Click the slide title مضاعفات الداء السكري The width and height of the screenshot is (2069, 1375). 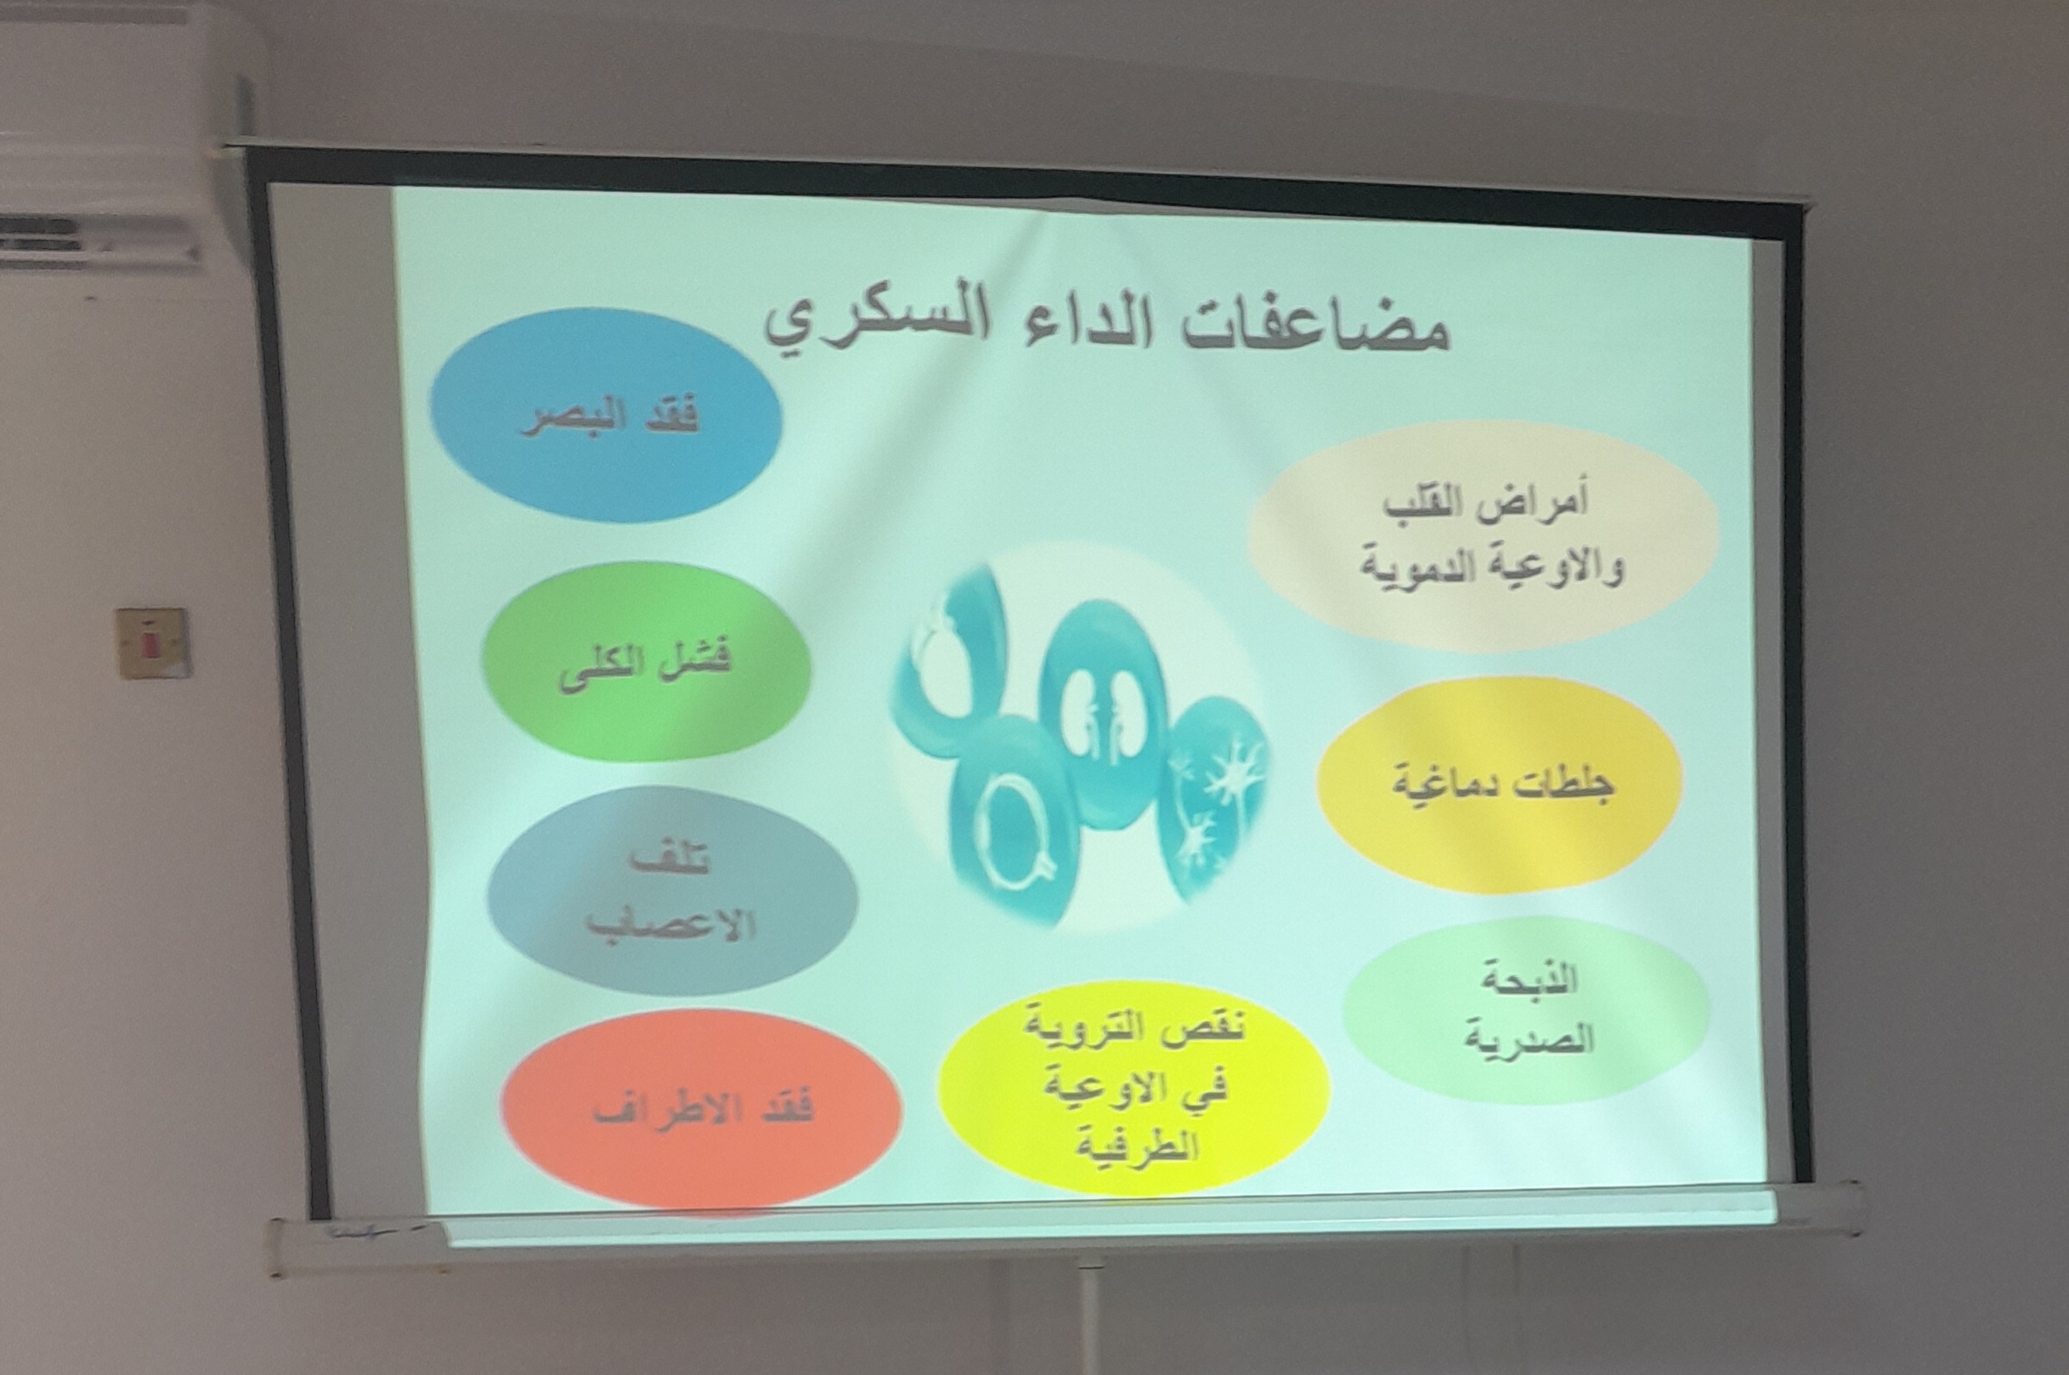pos(1106,330)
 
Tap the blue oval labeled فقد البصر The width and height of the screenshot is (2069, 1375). pos(606,415)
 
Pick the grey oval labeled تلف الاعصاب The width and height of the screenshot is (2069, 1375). pos(672,891)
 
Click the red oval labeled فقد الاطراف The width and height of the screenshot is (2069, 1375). pos(701,1108)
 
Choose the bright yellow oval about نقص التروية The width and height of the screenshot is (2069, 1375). pos(1133,1088)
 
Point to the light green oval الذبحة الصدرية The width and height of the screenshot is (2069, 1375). pos(1526,1010)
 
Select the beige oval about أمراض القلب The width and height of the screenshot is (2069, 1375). pos(1484,535)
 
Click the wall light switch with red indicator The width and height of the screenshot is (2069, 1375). pos(155,643)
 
